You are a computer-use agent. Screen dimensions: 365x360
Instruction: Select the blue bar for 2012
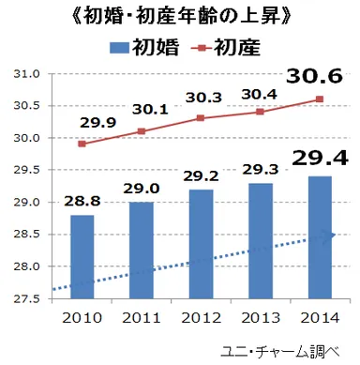point(201,244)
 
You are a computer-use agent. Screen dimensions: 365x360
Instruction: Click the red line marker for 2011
point(142,131)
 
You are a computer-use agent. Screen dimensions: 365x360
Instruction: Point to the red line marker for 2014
point(320,99)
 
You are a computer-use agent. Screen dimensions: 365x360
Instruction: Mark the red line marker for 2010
point(82,144)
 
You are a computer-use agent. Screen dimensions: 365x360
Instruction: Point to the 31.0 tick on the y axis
point(27,74)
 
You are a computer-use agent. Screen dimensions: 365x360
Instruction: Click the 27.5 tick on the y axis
point(27,299)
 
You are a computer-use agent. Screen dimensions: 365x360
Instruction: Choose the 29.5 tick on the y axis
point(27,171)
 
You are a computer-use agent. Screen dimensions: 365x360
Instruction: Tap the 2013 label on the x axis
point(261,315)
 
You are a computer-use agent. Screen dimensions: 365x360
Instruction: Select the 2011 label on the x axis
point(142,315)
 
